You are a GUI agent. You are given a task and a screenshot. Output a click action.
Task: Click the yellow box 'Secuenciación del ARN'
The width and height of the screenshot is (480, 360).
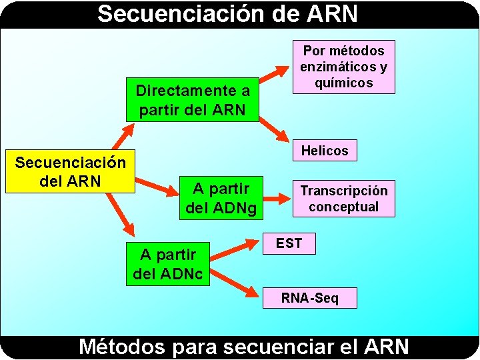(x=70, y=171)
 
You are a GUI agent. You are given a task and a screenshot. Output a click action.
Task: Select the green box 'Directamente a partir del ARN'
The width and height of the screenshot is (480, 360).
(x=193, y=100)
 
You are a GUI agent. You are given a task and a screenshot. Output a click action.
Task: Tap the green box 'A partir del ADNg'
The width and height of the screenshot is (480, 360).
(x=220, y=198)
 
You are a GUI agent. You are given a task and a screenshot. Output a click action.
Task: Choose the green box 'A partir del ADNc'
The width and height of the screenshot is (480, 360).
(x=168, y=263)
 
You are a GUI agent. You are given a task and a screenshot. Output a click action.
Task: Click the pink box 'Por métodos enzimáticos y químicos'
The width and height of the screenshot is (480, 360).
(x=343, y=67)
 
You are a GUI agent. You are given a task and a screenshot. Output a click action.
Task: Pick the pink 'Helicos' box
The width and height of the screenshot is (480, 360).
(x=325, y=151)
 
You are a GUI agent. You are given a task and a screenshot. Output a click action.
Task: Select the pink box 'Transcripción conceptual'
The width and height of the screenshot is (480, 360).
(x=343, y=199)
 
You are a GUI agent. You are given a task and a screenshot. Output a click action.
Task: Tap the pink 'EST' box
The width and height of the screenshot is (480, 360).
(x=289, y=243)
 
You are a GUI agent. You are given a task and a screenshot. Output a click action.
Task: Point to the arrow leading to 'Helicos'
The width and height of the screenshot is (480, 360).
(x=274, y=130)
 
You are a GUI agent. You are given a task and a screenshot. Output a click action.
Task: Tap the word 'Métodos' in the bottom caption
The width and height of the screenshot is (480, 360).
(x=121, y=347)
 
